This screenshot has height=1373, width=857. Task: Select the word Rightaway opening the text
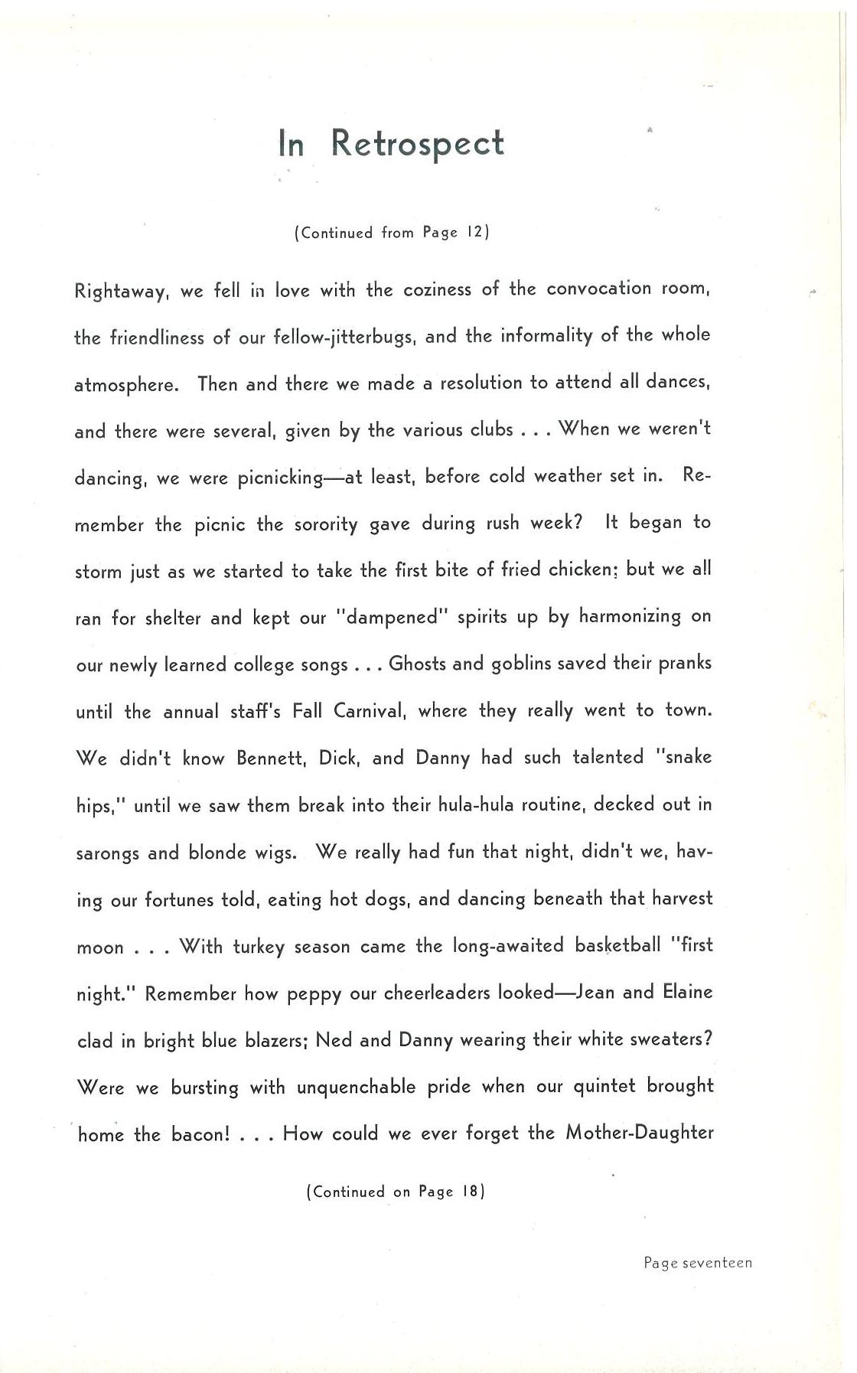click(121, 292)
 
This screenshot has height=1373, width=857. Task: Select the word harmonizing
click(630, 616)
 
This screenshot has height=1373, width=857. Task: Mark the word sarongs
click(107, 853)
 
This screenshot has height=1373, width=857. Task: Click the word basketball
click(617, 945)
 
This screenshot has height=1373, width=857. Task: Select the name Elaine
click(687, 992)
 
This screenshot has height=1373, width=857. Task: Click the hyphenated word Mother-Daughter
click(639, 1133)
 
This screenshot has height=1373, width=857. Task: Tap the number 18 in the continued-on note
click(471, 1192)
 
